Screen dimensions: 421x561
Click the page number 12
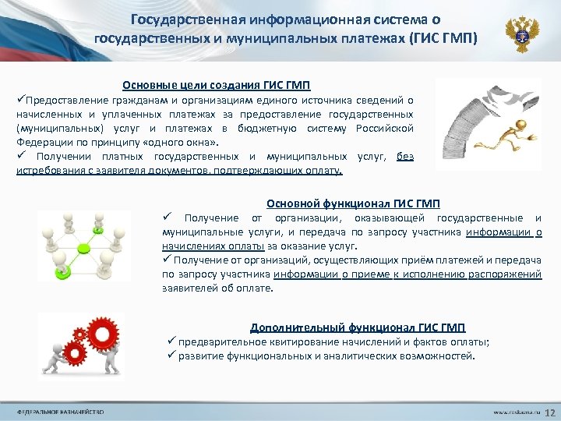[x=549, y=411]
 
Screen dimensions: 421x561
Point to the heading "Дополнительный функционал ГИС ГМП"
[x=358, y=327]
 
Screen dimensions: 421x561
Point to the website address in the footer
[x=515, y=411]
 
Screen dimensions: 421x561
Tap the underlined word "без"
[x=404, y=156]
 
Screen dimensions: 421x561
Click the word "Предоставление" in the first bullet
[x=64, y=100]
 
